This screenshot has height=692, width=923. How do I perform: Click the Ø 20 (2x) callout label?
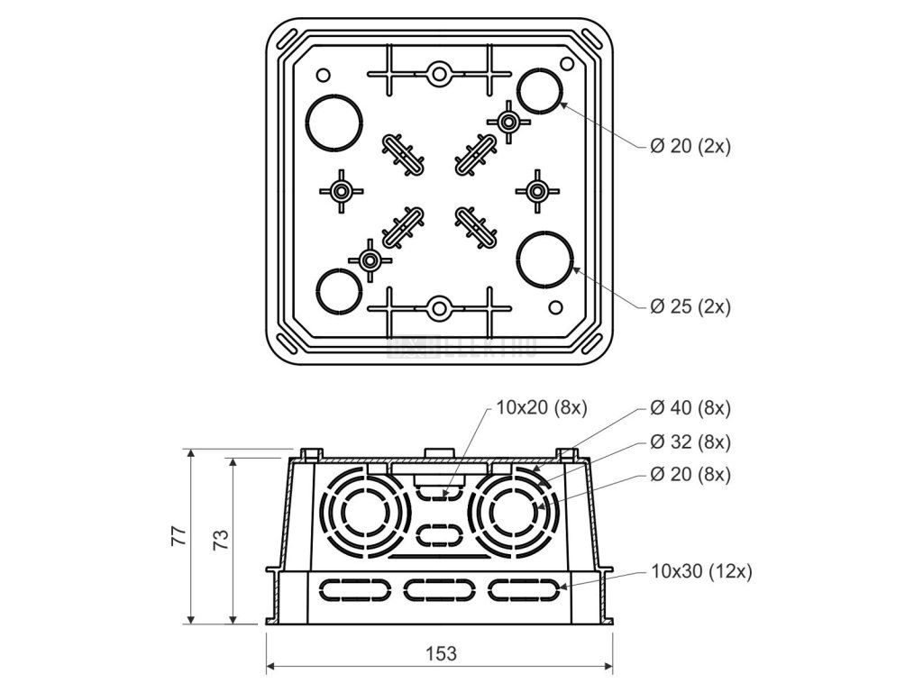[x=690, y=147]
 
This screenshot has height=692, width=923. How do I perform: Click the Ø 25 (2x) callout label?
[x=690, y=307]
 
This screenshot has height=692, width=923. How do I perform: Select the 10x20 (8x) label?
[x=542, y=408]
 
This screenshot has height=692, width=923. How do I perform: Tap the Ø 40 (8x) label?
[x=690, y=408]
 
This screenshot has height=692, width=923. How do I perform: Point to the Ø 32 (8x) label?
[x=690, y=442]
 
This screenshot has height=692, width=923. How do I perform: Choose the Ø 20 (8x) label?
[x=690, y=474]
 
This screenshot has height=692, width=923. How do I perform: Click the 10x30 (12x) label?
[x=700, y=570]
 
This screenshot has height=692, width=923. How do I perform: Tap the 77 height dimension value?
[x=179, y=536]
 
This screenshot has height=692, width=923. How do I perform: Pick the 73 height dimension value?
[x=220, y=539]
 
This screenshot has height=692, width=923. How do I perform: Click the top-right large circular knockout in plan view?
[x=541, y=91]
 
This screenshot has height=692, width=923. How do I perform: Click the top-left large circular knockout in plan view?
[x=334, y=121]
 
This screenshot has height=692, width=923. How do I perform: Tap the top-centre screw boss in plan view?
[x=439, y=73]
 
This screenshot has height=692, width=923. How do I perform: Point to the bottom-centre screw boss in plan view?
[x=439, y=308]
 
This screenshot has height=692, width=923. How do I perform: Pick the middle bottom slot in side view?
[x=439, y=590]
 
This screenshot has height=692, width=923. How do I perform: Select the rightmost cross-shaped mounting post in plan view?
[x=537, y=191]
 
